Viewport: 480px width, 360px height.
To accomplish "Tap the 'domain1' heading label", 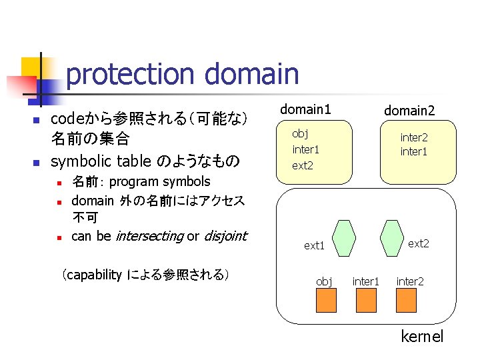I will pos(305,109).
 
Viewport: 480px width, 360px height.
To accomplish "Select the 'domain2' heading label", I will pos(409,111).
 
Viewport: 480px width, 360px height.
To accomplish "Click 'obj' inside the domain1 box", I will pos(300,133).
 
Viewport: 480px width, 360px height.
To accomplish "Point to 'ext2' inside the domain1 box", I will pos(303,165).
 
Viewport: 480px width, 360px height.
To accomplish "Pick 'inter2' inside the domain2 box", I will pos(413,137).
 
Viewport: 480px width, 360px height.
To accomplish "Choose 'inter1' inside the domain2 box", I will pos(413,152).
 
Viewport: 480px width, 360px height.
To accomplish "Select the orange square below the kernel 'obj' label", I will pos(326,301).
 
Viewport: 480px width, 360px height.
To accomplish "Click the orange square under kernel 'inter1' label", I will pos(367,301).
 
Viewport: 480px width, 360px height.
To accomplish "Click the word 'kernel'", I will pos(422,337).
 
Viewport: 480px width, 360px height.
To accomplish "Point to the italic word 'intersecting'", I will pos(149,236).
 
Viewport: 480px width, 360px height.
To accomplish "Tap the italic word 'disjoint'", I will pos(225,236).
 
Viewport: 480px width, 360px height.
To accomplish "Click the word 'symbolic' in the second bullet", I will pos(79,161).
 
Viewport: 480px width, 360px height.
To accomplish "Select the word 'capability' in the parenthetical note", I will pos(94,274).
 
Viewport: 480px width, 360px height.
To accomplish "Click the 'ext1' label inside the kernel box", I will pos(314,246).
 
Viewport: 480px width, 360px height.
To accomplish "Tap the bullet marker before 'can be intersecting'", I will pos(59,237).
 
